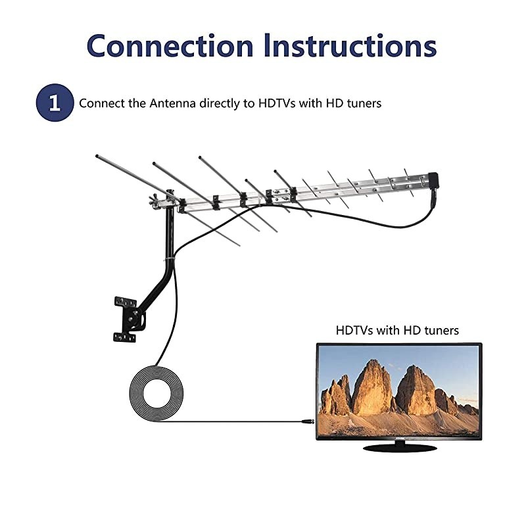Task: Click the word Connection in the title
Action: click(170, 45)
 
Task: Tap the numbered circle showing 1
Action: click(53, 103)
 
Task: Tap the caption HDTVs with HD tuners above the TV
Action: click(397, 330)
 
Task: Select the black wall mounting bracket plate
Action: click(124, 320)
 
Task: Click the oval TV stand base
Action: click(399, 448)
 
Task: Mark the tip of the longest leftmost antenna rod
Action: click(97, 156)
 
